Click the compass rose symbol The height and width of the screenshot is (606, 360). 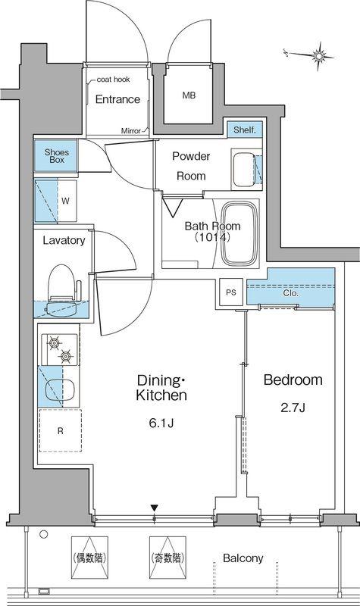(x=318, y=56)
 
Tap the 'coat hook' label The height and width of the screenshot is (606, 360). (x=113, y=80)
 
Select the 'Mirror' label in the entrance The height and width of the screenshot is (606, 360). (x=131, y=130)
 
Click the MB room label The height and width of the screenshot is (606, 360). (x=189, y=95)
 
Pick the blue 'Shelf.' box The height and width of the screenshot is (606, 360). (x=245, y=130)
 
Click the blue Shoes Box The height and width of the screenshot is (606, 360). (x=56, y=155)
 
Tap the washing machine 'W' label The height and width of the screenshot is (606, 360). (x=66, y=201)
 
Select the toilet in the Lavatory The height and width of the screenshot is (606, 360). (x=64, y=289)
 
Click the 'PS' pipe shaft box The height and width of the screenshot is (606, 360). (x=231, y=292)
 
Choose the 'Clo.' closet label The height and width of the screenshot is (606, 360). (x=291, y=293)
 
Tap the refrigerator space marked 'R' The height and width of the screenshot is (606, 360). (x=60, y=430)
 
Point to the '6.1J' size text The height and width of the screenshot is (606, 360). (x=161, y=423)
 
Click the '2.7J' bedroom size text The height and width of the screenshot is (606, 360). (x=293, y=408)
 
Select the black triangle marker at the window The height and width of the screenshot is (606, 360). (x=155, y=508)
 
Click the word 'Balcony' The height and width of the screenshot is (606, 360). (x=243, y=558)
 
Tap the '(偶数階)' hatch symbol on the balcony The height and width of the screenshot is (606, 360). (x=89, y=558)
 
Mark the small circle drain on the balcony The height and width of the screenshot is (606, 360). (x=44, y=535)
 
